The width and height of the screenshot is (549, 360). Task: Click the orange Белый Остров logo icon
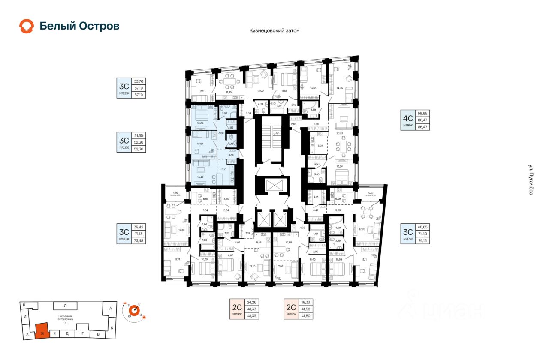tap(27, 26)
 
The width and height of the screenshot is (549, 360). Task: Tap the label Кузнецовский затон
tap(274, 31)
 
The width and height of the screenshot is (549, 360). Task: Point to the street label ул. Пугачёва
tap(531, 180)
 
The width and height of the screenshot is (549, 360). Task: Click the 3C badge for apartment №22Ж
tap(124, 87)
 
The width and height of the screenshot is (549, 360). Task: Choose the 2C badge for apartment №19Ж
tap(237, 309)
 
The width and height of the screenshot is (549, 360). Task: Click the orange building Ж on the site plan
tap(42, 331)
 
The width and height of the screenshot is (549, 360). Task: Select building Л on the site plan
tap(65, 306)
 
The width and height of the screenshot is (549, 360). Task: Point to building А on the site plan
tap(110, 308)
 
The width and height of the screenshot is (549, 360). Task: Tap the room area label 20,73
tap(340, 133)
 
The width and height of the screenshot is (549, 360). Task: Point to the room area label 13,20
tap(252, 266)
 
